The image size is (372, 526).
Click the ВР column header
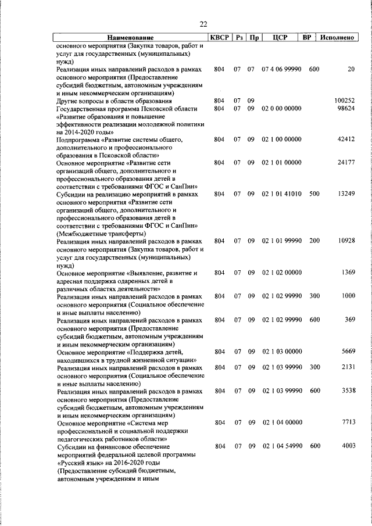pyautogui.click(x=307, y=38)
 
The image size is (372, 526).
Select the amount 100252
pyautogui.click(x=344, y=101)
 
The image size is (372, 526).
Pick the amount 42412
pyautogui.click(x=346, y=139)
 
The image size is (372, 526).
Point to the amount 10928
pyautogui.click(x=346, y=241)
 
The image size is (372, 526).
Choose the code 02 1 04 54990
pyautogui.click(x=281, y=446)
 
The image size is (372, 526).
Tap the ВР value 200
pyautogui.click(x=314, y=241)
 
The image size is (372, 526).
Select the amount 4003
pyautogui.click(x=348, y=446)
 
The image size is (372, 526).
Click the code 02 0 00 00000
pyautogui.click(x=281, y=109)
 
